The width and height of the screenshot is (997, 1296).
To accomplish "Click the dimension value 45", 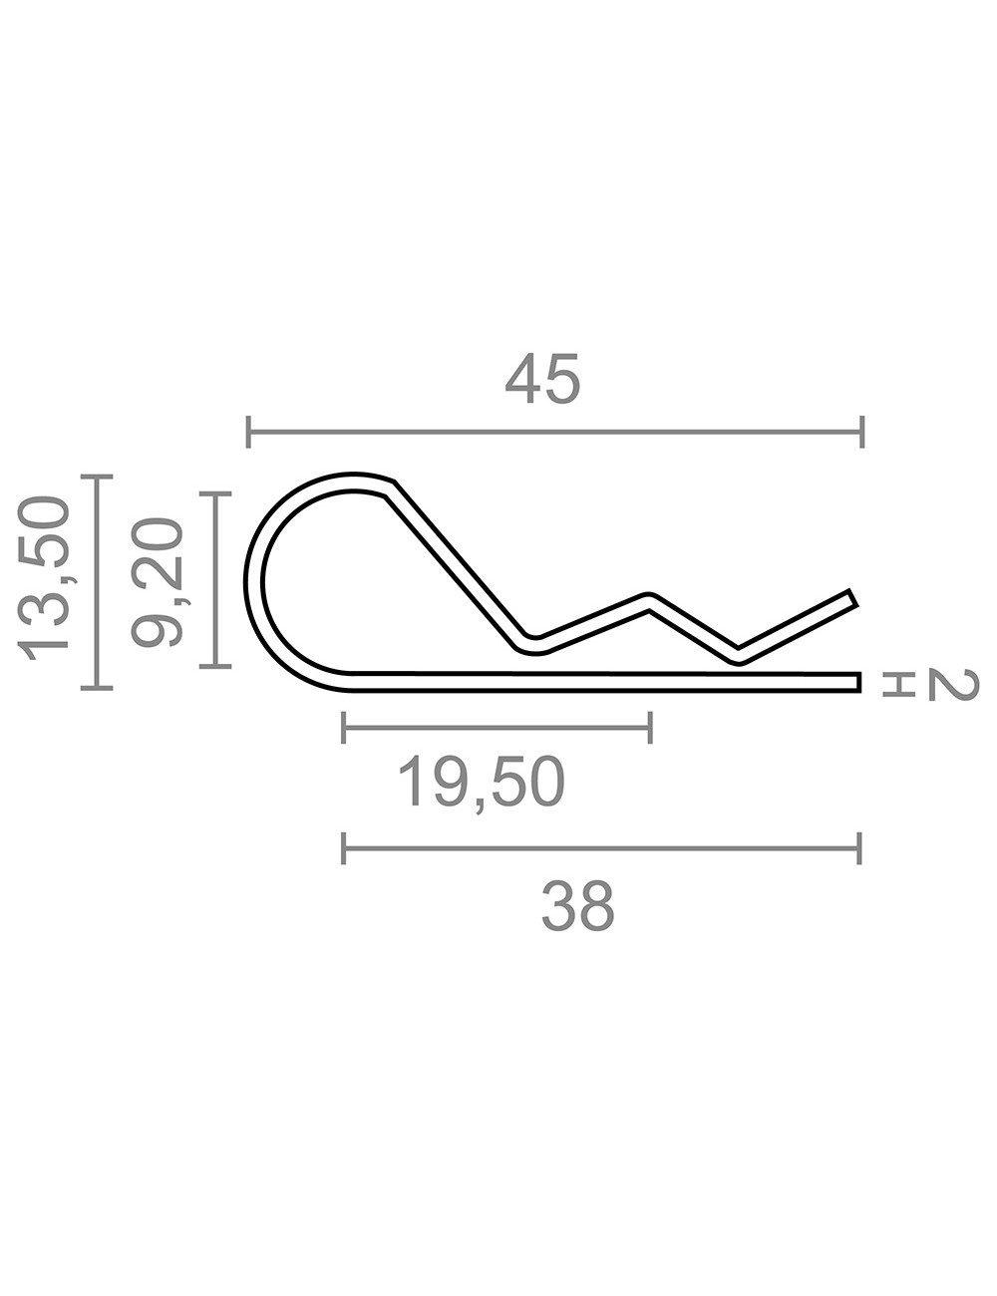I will (x=541, y=380).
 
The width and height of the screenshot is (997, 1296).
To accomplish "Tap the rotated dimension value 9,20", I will (x=158, y=580).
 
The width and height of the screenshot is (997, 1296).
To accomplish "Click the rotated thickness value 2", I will (x=953, y=684).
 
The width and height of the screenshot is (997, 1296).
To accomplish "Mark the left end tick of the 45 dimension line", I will (x=249, y=433).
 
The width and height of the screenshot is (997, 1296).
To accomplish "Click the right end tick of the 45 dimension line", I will (x=861, y=433).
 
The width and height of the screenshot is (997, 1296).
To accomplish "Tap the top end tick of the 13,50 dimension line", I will (x=97, y=479).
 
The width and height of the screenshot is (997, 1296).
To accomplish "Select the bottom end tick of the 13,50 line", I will (x=97, y=687).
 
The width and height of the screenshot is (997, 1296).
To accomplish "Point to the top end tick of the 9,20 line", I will (x=215, y=492).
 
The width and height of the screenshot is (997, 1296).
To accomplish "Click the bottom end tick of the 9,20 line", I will (x=215, y=665).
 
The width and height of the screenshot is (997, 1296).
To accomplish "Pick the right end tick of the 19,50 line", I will (x=650, y=728).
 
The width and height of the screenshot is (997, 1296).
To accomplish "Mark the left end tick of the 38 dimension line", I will (x=344, y=849).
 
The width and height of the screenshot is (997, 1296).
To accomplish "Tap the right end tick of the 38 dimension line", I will (x=859, y=849).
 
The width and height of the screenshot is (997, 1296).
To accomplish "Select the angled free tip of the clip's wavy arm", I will (x=852, y=598).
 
